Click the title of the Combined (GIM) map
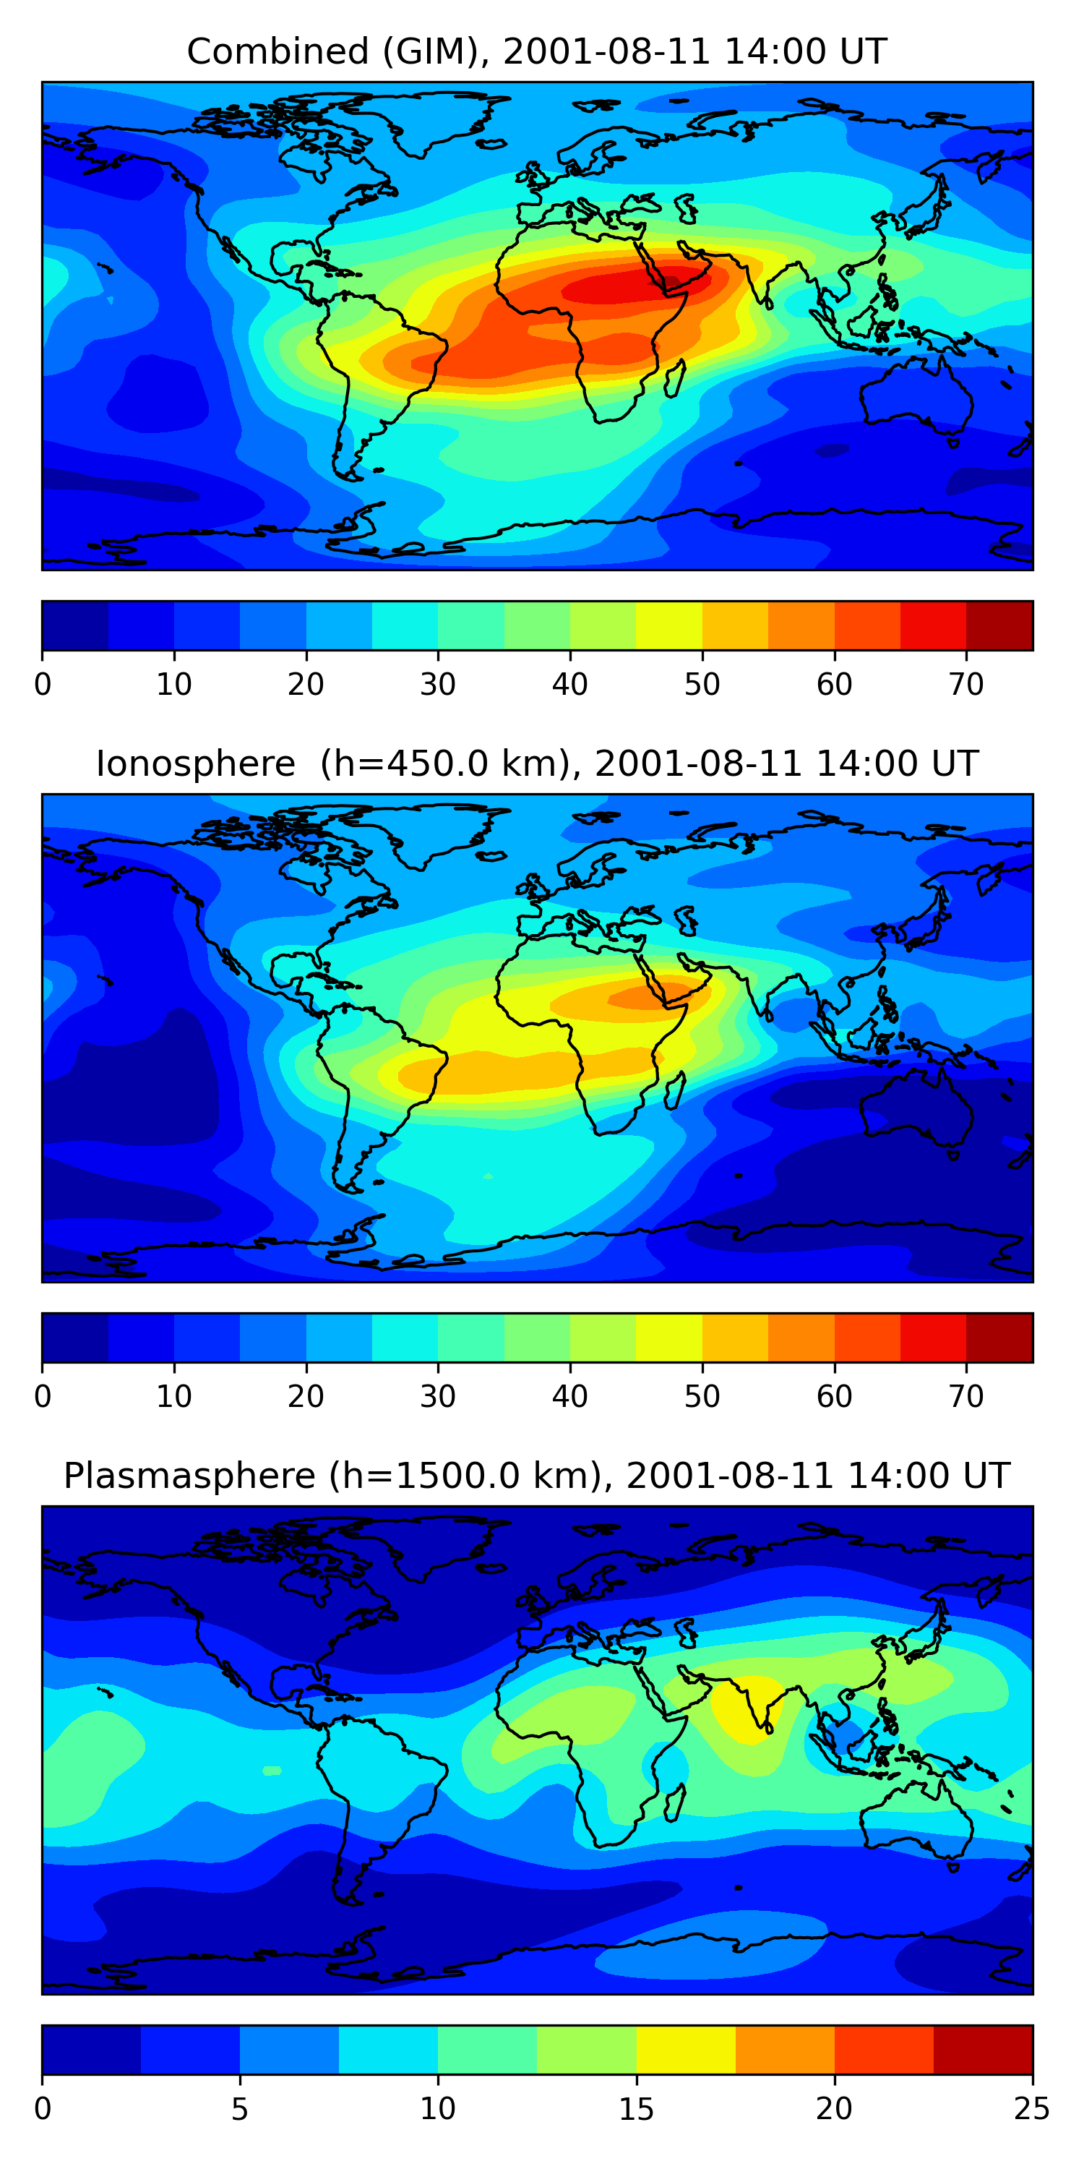click(537, 52)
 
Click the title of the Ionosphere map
click(537, 764)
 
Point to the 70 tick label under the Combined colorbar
click(966, 685)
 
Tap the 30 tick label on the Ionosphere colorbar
click(438, 1396)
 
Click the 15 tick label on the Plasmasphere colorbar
click(636, 2108)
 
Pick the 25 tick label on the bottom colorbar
click(1032, 2108)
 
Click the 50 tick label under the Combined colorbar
click(702, 685)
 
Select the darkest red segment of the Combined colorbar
click(999, 625)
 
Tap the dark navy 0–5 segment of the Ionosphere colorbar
click(75, 1337)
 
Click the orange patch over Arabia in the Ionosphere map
click(640, 998)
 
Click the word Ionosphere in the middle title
click(195, 764)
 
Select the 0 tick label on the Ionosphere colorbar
click(43, 1396)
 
